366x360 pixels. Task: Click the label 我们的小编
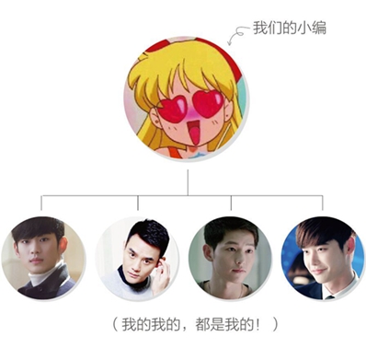click(x=290, y=29)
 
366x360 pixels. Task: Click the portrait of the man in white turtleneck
click(x=43, y=258)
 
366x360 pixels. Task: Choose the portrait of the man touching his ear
click(x=137, y=258)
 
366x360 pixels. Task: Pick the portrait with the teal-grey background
click(x=230, y=258)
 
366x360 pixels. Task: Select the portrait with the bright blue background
click(x=322, y=258)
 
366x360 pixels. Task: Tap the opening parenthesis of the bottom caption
click(x=106, y=326)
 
